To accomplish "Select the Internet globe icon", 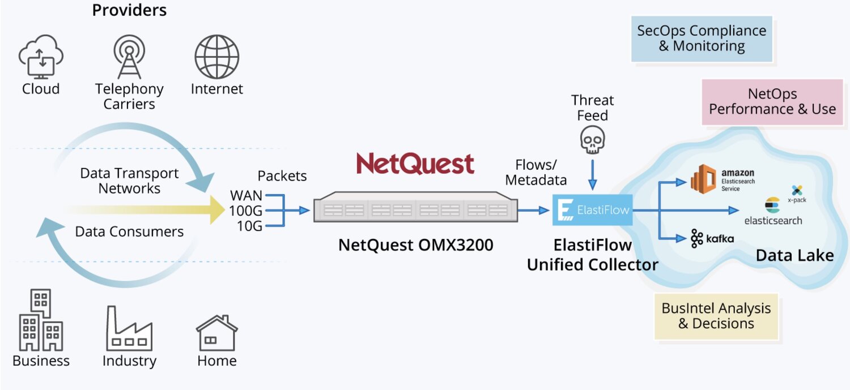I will point(216,57).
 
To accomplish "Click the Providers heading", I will point(129,10).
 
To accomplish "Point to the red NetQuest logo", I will point(415,164).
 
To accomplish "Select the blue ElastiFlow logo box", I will point(592,210).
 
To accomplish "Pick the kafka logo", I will point(712,239).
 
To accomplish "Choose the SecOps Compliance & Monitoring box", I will point(702,38).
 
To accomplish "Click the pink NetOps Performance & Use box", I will point(772,101).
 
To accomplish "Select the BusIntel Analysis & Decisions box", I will point(716,316).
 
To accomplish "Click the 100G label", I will point(246,211).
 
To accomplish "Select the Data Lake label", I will point(794,255).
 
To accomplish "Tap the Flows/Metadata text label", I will point(536,172).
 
